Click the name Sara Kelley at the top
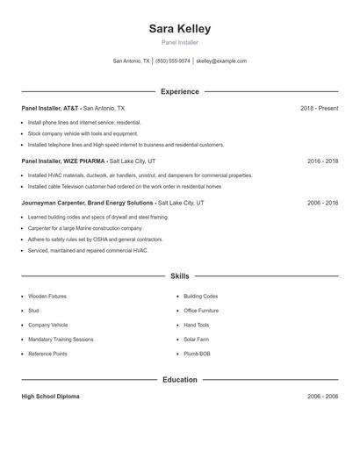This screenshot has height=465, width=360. pyautogui.click(x=180, y=28)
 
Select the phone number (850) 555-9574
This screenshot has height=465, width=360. pyautogui.click(x=173, y=61)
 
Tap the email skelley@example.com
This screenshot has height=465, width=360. pyautogui.click(x=221, y=61)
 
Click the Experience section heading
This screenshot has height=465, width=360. pyautogui.click(x=180, y=91)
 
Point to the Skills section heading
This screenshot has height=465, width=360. pyautogui.click(x=180, y=275)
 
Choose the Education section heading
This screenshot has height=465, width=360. pyautogui.click(x=180, y=380)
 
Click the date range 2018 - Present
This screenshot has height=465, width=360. pyautogui.click(x=319, y=108)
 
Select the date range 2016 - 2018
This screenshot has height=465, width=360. pyautogui.click(x=322, y=161)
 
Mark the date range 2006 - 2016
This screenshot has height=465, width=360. pyautogui.click(x=322, y=203)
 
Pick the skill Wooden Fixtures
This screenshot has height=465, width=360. pyautogui.click(x=47, y=297)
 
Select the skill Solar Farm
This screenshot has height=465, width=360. pyautogui.click(x=197, y=340)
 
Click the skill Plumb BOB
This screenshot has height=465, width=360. pyautogui.click(x=197, y=354)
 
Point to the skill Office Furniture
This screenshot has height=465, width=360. pyautogui.click(x=201, y=311)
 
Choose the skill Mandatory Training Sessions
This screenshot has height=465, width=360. pyautogui.click(x=61, y=340)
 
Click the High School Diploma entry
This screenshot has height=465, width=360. pyautogui.click(x=50, y=397)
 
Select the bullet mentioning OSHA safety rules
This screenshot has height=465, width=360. pyautogui.click(x=95, y=239)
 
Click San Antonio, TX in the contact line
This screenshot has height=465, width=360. pyautogui.click(x=132, y=61)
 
